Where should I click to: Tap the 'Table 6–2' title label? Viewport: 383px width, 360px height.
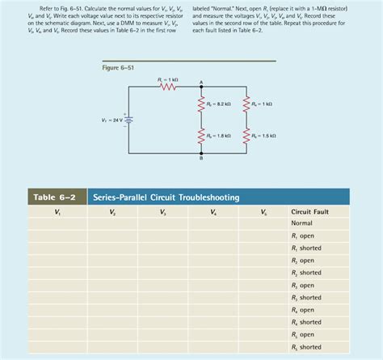54,197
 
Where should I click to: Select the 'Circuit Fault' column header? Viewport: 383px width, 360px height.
310,212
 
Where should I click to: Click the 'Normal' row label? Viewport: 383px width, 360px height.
301,222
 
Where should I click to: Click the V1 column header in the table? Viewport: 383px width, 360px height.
57,212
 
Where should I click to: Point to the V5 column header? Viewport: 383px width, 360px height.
264,212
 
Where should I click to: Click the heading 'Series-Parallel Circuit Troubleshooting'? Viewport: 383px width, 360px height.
166,197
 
